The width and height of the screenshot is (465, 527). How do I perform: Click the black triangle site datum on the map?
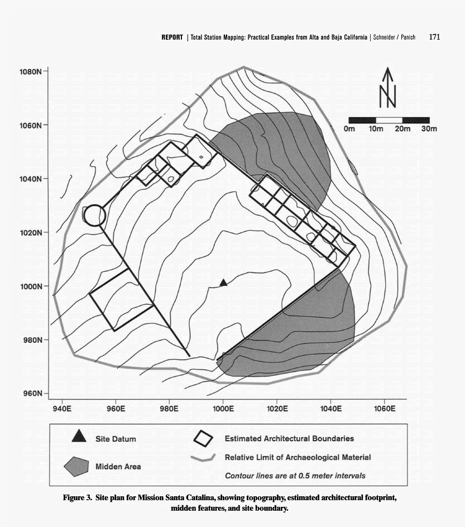[223, 283]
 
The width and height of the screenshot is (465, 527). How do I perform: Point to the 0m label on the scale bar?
[349, 130]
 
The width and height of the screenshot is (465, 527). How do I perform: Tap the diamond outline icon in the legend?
[203, 438]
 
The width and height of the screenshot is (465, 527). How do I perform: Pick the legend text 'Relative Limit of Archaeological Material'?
[298, 457]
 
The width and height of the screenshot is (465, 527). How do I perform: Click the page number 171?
[435, 37]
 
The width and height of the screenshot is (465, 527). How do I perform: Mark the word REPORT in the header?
[172, 37]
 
